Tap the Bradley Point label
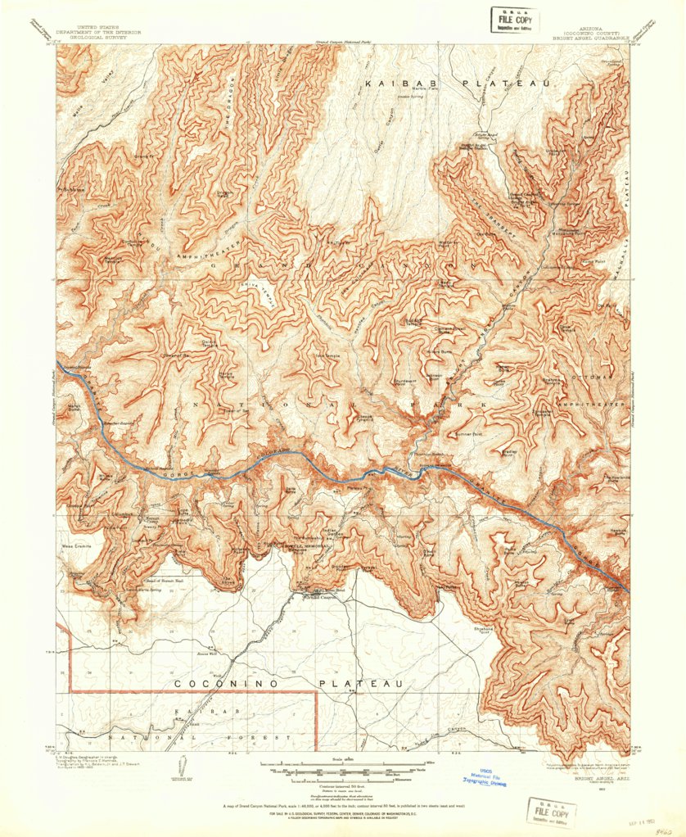513,451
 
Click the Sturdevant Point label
406,382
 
